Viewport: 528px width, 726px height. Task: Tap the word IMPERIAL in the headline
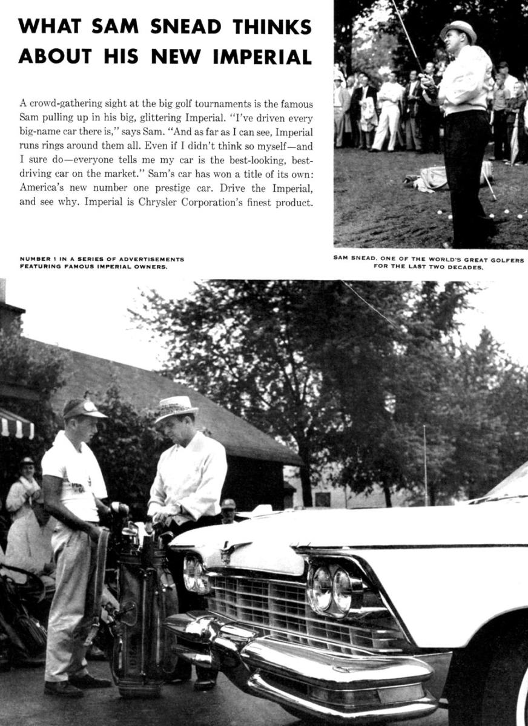[262, 56]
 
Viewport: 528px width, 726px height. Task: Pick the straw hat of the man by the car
[175, 408]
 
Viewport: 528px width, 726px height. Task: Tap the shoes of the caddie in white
[79, 685]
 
